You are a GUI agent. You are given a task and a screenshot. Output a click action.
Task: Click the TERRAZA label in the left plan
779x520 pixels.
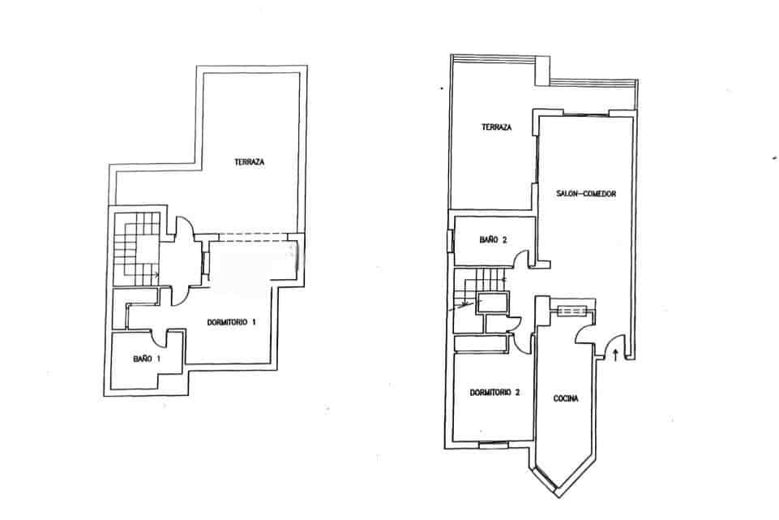(x=250, y=161)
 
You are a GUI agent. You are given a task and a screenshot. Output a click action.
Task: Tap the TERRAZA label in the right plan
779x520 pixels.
(x=496, y=127)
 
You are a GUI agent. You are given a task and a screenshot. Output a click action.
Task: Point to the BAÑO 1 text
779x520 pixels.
(x=148, y=358)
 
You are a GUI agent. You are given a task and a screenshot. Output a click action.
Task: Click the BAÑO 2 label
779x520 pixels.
(x=493, y=239)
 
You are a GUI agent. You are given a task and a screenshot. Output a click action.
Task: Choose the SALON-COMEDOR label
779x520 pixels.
(x=588, y=194)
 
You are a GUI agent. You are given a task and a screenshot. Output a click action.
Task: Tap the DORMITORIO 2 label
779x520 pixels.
(x=494, y=393)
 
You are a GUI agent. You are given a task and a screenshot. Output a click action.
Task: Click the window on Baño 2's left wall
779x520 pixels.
(x=451, y=242)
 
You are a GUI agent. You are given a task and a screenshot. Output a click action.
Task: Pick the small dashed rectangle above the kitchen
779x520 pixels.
(x=572, y=310)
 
